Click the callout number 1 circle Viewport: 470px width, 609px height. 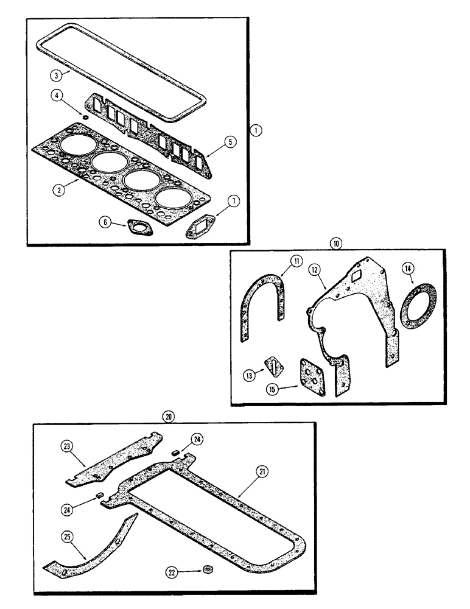click(258, 130)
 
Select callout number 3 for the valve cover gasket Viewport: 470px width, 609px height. click(55, 76)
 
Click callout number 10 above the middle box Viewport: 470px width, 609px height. click(335, 243)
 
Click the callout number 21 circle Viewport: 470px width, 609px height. click(261, 471)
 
